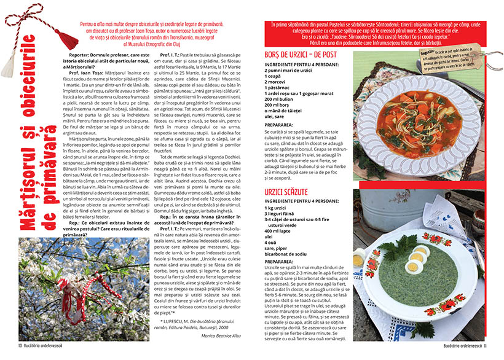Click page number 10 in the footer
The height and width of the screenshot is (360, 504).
pos(20,354)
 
